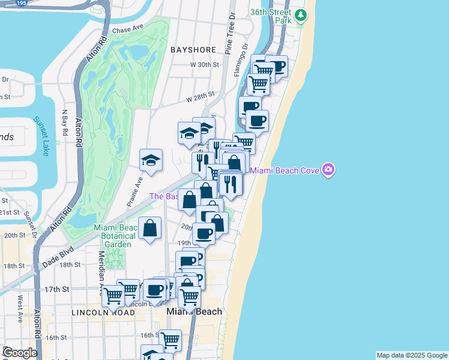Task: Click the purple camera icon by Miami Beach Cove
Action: click(328, 170)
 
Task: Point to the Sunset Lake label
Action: click(41, 136)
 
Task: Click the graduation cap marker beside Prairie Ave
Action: click(151, 160)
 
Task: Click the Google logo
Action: click(20, 353)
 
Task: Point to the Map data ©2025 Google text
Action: click(412, 355)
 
